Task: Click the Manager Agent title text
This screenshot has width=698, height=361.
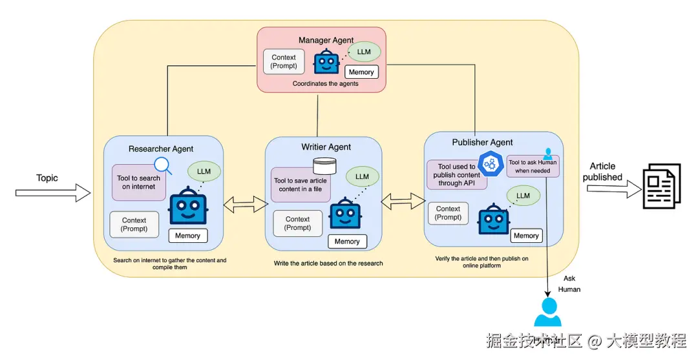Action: click(x=326, y=40)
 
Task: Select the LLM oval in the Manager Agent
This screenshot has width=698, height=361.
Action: click(x=363, y=52)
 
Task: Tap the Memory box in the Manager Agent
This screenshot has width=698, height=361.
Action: click(x=361, y=72)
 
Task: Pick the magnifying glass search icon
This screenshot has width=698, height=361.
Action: click(x=163, y=166)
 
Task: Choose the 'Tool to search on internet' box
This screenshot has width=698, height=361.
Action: click(x=138, y=183)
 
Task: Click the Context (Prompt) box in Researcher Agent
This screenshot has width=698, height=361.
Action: click(x=134, y=224)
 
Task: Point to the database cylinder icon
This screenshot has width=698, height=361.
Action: click(x=324, y=165)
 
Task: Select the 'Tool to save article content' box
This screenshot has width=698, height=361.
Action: click(x=301, y=185)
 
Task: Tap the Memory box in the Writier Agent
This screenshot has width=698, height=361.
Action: click(x=347, y=242)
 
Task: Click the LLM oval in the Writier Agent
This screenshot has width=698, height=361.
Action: click(x=362, y=176)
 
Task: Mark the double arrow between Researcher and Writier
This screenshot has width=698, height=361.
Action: click(x=246, y=205)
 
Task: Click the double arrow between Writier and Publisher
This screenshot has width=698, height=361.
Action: click(x=403, y=201)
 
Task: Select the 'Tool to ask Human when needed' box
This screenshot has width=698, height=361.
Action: click(x=532, y=166)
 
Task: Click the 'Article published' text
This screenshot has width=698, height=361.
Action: click(x=602, y=172)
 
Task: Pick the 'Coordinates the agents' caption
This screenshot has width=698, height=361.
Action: click(x=325, y=84)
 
